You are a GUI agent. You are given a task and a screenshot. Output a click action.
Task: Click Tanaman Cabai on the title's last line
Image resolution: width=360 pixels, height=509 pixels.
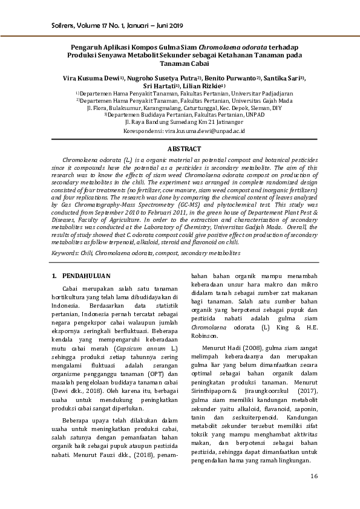click(180, 62)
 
